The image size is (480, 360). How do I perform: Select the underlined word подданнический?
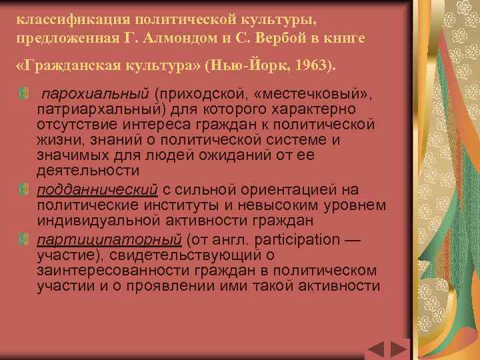coord(97,190)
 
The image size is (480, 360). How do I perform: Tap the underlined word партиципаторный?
coord(110,239)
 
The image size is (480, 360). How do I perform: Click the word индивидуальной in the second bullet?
coord(93,221)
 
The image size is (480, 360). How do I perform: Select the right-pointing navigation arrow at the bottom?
coord(399,350)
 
